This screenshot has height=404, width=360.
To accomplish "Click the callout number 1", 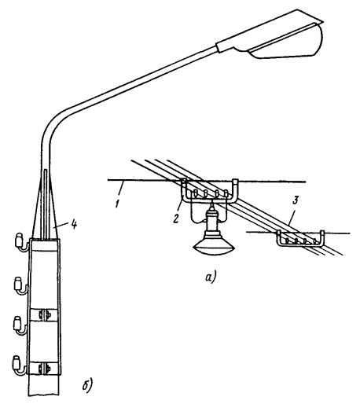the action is pos(118,204).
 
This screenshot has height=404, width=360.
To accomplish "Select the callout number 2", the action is pos(176,219).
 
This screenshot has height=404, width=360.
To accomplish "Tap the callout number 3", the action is pos(295,200).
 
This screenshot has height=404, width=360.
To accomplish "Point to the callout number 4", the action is pos(75,224).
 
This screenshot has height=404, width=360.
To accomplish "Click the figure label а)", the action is pos(210,277).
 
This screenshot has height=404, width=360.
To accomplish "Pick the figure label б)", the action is pos(87,384).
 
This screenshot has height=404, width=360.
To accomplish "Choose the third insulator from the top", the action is pos(20,325).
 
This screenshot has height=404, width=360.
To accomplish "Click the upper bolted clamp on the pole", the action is pos(44,314).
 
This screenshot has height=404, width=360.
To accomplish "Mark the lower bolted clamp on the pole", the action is pos(43,368).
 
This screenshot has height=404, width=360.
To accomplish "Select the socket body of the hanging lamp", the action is pos(213,222).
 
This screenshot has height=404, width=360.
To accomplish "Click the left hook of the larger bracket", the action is pos(184,187).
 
